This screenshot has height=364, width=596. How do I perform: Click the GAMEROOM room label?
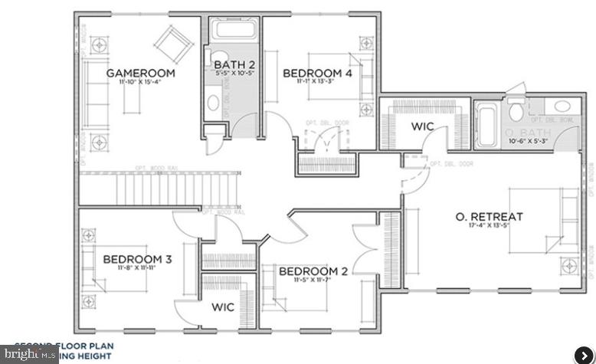click(140, 73)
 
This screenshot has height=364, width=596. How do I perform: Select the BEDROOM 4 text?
click(318, 74)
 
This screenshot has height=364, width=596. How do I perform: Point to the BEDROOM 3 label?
click(137, 259)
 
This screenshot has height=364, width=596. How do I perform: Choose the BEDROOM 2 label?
click(313, 271)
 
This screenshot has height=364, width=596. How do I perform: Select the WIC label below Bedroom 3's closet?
click(224, 307)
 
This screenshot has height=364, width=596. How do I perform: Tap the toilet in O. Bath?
click(516, 112)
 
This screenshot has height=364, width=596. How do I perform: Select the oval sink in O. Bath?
click(562, 107)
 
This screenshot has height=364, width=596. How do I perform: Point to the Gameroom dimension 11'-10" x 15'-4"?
click(140, 83)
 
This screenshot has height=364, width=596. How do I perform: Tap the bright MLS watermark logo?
click(29, 354)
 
